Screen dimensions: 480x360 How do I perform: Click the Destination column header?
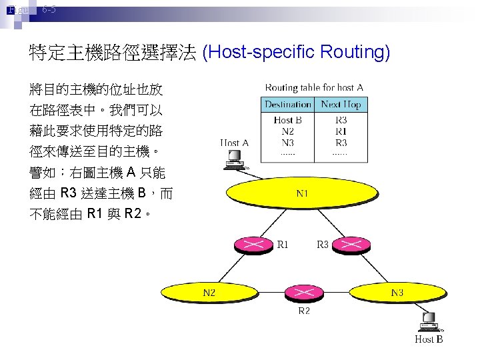[288, 105]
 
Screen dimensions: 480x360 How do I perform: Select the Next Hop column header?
[341, 105]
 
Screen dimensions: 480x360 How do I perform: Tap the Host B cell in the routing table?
[288, 121]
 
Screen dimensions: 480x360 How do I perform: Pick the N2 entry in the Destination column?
[288, 131]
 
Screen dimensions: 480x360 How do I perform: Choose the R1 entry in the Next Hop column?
[341, 131]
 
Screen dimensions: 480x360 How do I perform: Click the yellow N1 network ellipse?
[302, 195]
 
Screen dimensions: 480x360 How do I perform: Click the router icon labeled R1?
[253, 245]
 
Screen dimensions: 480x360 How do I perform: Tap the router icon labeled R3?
[347, 245]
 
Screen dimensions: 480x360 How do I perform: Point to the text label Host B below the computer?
[429, 339]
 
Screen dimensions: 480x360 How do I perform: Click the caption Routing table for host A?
[314, 87]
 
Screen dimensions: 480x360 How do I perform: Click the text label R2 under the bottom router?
[303, 311]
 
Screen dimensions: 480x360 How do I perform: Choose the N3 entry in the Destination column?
[288, 142]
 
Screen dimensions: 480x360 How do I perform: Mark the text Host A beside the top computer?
[234, 143]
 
